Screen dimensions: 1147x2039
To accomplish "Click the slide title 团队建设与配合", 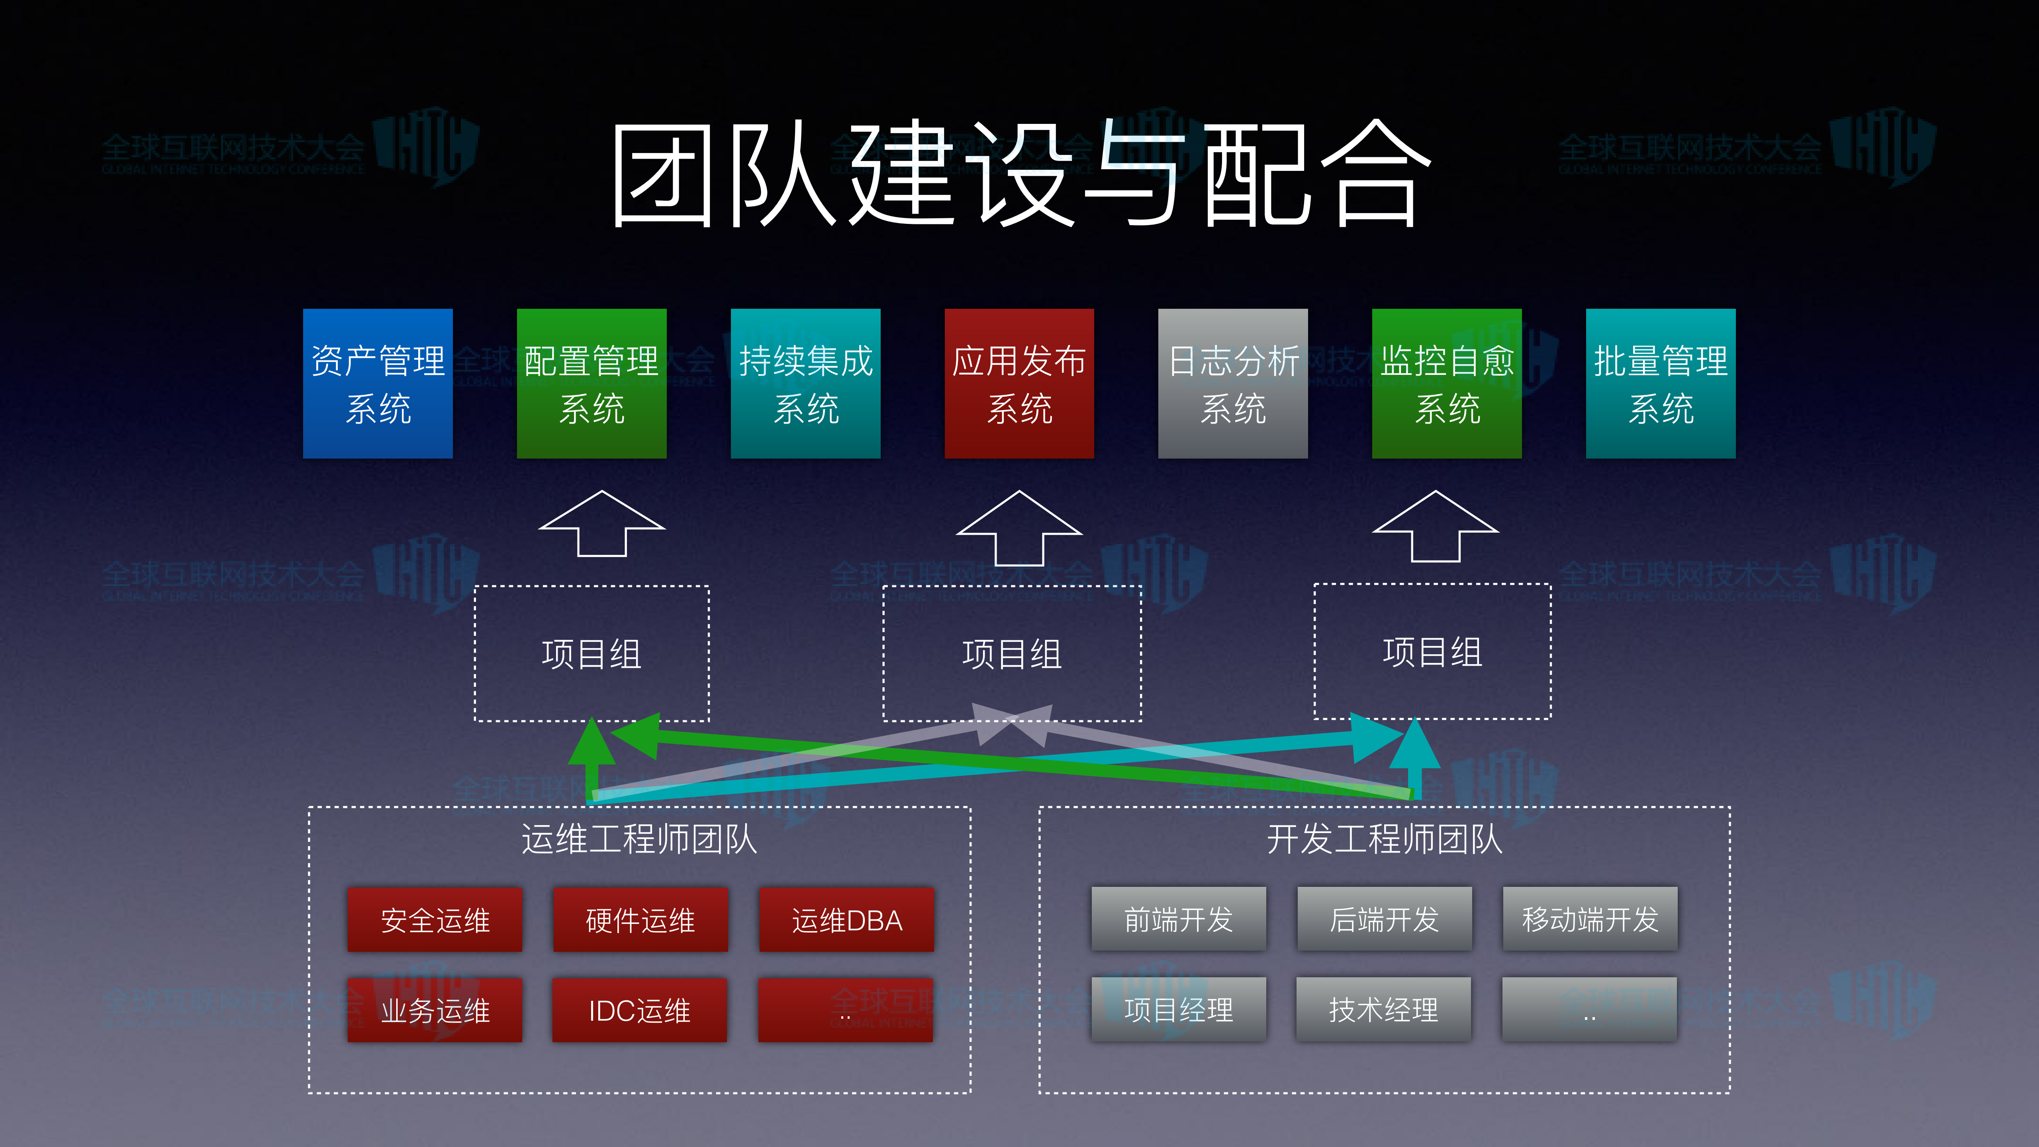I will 1020,174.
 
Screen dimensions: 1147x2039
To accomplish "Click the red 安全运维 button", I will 435,920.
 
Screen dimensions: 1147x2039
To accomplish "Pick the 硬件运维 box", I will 640,920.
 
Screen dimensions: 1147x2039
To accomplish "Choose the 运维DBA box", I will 846,920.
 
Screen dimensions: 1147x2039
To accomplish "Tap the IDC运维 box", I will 640,1010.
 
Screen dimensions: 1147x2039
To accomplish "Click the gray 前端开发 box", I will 1179,919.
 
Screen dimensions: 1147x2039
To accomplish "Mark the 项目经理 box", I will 1179,1009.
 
